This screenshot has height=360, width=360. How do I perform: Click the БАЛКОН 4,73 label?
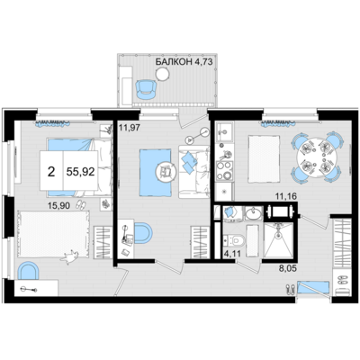pos(184,62)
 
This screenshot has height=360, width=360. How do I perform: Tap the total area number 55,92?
pos(80,172)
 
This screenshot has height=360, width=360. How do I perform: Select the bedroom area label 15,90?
pos(58,206)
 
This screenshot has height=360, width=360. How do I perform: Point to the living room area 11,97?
pos(130,128)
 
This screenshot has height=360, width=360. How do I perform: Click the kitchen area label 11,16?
pos(286,197)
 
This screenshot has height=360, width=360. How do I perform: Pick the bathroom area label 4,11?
pos(233,254)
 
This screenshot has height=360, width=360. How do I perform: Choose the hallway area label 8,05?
pos(287,268)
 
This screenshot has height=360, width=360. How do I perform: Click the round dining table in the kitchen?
pos(316,158)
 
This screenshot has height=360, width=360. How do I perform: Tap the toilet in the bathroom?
pos(236,240)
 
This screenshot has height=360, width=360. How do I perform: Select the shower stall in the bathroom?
pos(278,240)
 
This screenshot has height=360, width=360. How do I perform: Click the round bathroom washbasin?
pos(254,213)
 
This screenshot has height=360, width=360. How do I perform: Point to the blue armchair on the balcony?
pos(147,89)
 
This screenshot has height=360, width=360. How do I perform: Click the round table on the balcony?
pos(163,74)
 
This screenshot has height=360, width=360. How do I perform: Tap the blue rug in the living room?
pos(156,172)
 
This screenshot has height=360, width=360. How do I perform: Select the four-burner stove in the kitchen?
pos(225,171)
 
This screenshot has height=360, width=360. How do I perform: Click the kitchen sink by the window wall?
pos(224,131)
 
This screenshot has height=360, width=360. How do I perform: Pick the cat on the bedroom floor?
pos(70,256)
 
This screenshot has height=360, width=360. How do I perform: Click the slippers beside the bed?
pos(80,204)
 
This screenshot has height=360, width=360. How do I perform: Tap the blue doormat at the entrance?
pos(313,287)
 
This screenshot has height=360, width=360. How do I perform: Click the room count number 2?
pos(51,172)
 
